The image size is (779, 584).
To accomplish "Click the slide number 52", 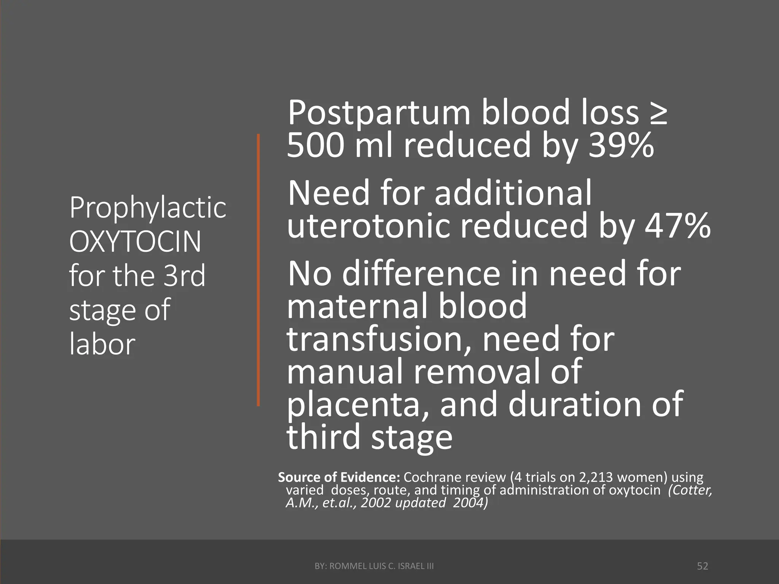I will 702,566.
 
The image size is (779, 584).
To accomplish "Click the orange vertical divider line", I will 258,270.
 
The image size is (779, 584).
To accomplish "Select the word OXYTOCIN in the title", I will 135,242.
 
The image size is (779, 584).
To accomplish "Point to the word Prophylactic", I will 148,208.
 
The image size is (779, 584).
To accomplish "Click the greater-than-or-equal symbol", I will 658,113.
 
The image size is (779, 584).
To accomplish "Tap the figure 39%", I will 621,145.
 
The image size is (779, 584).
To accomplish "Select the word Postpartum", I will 379,113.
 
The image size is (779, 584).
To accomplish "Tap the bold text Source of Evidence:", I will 339,477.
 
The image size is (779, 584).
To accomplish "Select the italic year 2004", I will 470,503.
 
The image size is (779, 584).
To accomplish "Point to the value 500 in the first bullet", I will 315,145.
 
